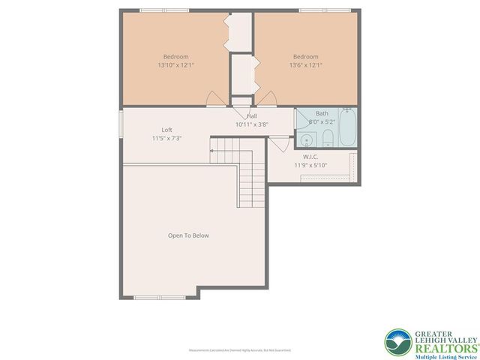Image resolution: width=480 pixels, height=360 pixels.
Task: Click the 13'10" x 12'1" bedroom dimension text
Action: tap(176, 66)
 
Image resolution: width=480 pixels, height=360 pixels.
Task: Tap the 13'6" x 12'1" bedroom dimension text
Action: tap(305, 66)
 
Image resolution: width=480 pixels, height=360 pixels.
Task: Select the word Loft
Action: tap(166, 130)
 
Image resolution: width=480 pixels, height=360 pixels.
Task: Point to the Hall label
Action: tap(252, 116)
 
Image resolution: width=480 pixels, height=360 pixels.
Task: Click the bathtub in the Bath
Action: tap(348, 127)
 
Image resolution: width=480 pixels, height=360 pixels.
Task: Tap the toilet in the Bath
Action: tap(328, 138)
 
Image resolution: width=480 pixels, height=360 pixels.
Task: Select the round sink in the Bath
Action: tap(306, 140)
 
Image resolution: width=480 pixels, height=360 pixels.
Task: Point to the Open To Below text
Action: tap(188, 235)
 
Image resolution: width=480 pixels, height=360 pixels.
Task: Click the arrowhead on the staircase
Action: tap(212, 151)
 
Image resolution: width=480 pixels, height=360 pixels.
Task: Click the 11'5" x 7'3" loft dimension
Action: tap(166, 139)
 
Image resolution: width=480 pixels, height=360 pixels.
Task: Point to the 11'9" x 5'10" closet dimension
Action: tap(312, 165)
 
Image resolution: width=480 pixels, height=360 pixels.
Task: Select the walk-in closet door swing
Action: tap(278, 143)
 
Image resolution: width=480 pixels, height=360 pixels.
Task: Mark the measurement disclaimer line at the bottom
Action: tap(240, 350)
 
